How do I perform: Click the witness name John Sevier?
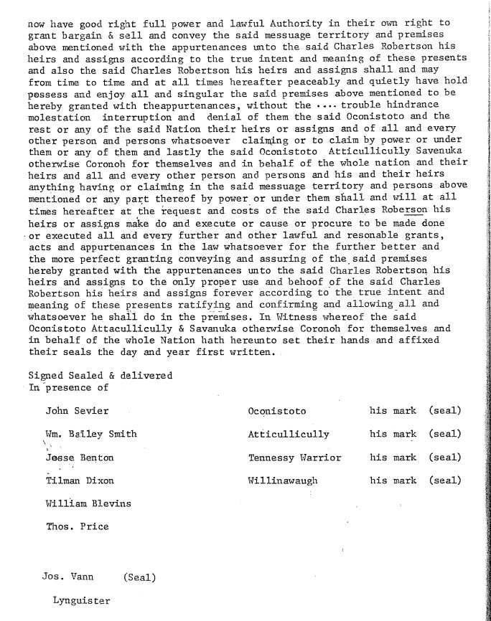point(77,411)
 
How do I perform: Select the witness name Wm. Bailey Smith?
point(91,434)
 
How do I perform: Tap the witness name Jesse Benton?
point(79,457)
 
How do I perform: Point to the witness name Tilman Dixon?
point(79,480)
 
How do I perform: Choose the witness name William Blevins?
point(88,503)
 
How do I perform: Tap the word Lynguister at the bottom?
point(81,600)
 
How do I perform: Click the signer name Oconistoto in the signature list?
point(276,412)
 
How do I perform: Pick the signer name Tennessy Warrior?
point(294,458)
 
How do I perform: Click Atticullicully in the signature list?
point(289,434)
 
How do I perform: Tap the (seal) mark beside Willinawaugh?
point(444,480)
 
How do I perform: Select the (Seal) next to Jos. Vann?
point(139,577)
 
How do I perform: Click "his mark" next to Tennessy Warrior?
point(393,458)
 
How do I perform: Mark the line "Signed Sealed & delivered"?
point(100,375)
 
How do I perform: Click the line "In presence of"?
point(68,387)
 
